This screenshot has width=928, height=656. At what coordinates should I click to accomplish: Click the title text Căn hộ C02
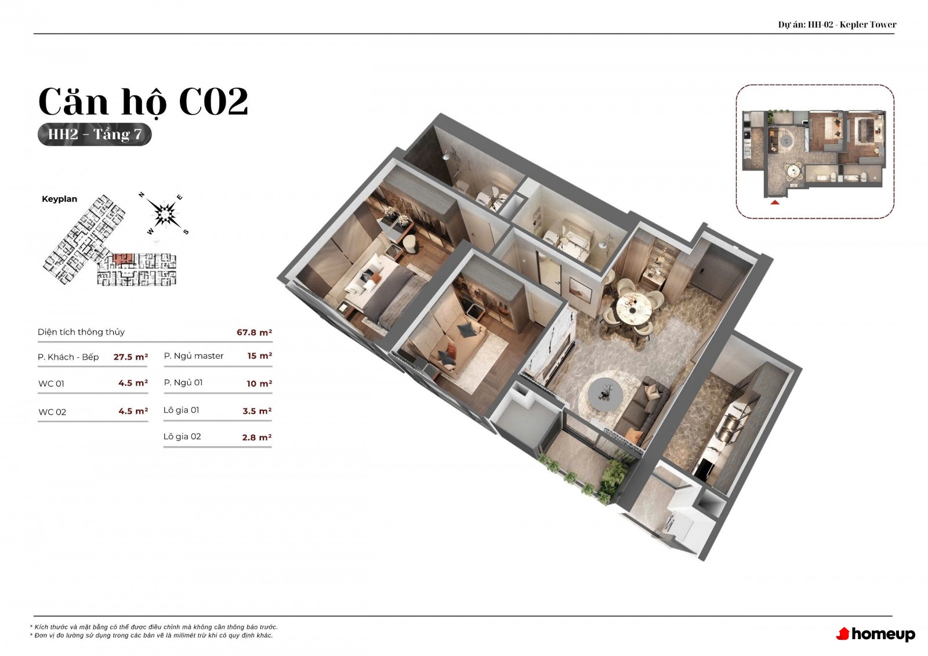[143, 102]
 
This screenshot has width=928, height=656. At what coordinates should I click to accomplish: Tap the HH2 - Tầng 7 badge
[95, 134]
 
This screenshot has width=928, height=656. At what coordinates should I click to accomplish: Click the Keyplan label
[59, 199]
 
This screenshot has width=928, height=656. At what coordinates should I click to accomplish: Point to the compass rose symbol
[165, 213]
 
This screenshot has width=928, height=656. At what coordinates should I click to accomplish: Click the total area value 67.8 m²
[255, 332]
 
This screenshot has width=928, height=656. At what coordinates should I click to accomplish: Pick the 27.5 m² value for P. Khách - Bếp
[130, 357]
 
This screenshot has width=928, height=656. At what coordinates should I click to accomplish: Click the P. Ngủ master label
[194, 356]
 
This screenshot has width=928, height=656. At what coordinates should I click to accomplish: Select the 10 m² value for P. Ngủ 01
[259, 384]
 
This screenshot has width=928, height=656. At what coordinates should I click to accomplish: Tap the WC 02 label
[52, 412]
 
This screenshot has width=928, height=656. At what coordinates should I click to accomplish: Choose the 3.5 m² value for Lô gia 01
[257, 411]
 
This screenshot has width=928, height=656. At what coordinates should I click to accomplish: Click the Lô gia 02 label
[182, 436]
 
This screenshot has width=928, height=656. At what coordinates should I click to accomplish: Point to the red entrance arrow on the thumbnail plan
[775, 202]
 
